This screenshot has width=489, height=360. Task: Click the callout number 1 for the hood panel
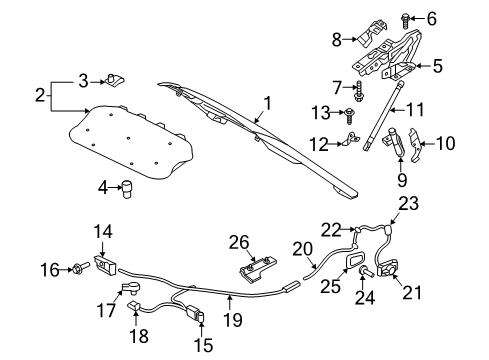[x=267, y=103]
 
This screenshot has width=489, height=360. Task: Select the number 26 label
[x=239, y=242]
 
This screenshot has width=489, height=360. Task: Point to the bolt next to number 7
[x=360, y=91]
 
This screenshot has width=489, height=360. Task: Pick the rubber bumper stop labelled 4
[x=126, y=189]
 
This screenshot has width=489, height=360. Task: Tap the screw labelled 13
[x=350, y=115]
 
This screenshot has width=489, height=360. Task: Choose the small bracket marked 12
[x=351, y=139]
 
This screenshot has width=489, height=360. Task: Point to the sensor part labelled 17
[x=131, y=288]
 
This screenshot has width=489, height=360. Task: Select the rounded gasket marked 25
[x=354, y=260]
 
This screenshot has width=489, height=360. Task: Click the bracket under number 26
[x=259, y=269]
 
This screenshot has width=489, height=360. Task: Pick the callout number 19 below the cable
[x=233, y=320]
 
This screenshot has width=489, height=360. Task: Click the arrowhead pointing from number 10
[x=422, y=144]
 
